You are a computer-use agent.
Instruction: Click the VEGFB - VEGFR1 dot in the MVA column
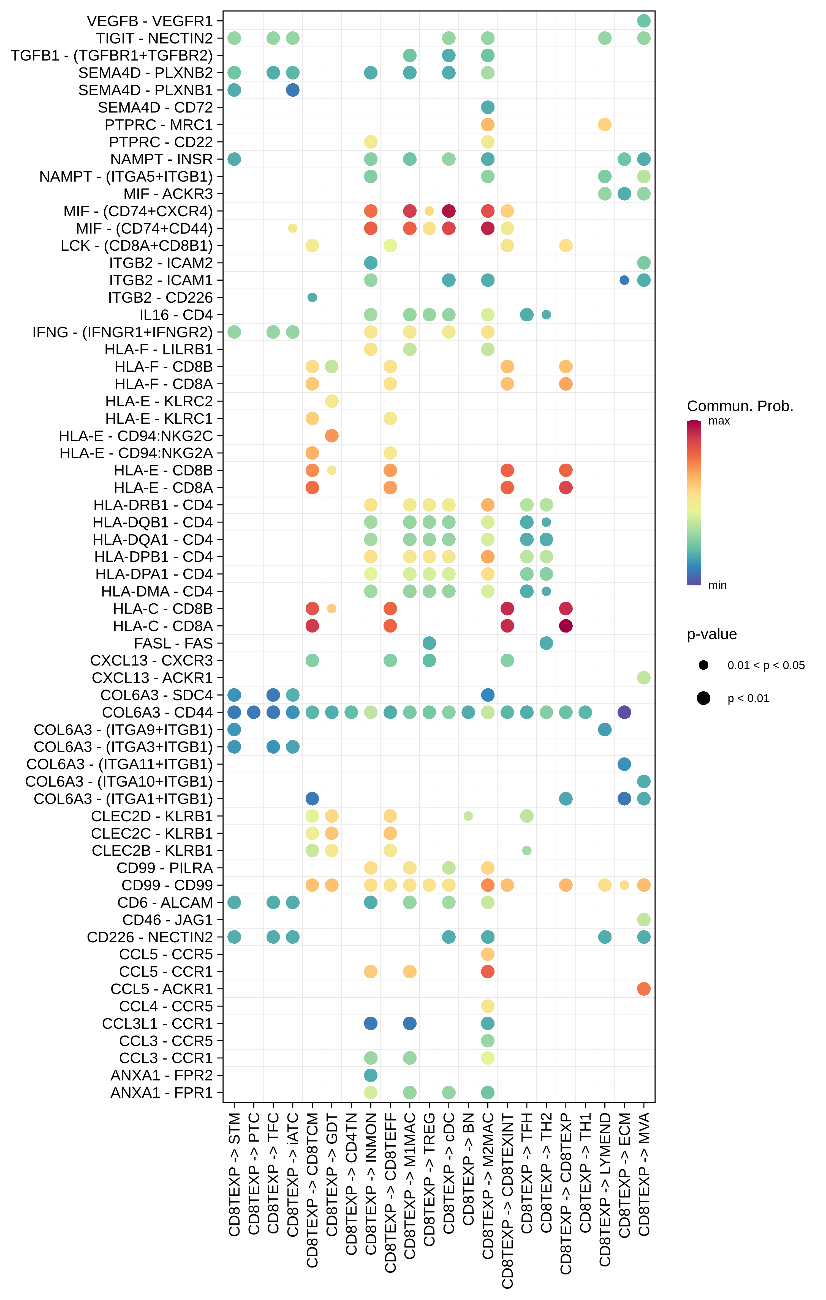coord(643,21)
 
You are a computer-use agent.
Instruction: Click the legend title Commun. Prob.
coord(740,406)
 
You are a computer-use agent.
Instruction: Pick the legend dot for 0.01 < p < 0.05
coord(703,665)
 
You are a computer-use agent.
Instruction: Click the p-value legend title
coord(711,634)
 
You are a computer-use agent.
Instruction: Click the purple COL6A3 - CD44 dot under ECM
coord(624,712)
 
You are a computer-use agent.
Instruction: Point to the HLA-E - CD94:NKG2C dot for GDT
coord(332,436)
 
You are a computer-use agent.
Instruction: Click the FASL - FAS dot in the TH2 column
coord(546,643)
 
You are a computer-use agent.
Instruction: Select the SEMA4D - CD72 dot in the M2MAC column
coord(488,107)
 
